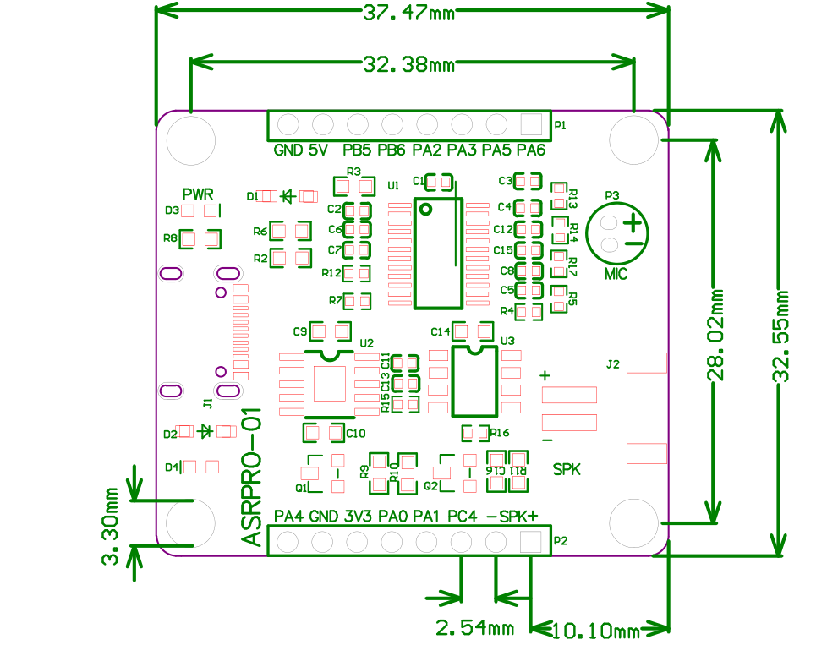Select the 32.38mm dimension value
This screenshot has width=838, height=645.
pyautogui.click(x=409, y=65)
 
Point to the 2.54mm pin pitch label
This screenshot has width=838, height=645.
pyautogui.click(x=474, y=627)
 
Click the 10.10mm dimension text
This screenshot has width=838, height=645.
pyautogui.click(x=596, y=631)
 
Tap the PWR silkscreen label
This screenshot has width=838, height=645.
pyautogui.click(x=198, y=194)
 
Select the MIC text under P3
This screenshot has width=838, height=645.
pyautogui.click(x=616, y=274)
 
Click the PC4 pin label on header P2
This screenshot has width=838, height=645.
pyautogui.click(x=463, y=516)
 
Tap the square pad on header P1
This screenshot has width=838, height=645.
pyautogui.click(x=530, y=124)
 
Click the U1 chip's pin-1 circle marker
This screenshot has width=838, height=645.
pyautogui.click(x=426, y=209)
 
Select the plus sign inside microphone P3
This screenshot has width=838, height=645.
pyautogui.click(x=633, y=223)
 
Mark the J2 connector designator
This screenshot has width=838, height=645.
pyautogui.click(x=614, y=365)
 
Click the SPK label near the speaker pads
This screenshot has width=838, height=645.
pyautogui.click(x=567, y=468)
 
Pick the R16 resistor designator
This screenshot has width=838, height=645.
pyautogui.click(x=500, y=433)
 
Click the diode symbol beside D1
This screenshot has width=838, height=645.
pyautogui.click(x=288, y=196)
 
